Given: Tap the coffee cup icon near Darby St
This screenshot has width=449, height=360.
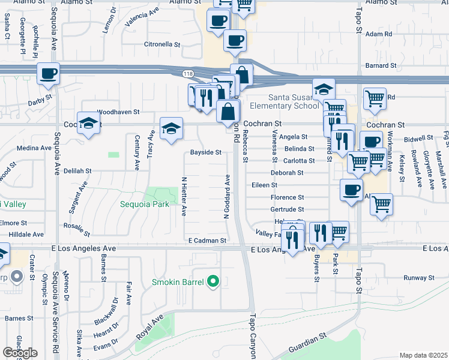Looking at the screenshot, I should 48,74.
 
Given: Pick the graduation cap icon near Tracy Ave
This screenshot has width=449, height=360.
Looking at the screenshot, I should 171,128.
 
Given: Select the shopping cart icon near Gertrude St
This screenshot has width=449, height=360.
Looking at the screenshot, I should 381,205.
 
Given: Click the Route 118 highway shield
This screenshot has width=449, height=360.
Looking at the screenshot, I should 188,73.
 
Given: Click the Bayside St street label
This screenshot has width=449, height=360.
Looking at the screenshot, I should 206,152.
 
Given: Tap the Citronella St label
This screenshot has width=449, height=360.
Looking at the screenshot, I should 162,44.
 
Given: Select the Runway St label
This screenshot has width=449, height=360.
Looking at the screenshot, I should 418,278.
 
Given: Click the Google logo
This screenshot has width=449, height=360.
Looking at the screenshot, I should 20,353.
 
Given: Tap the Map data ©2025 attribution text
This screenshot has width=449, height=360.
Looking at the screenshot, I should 423,355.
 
